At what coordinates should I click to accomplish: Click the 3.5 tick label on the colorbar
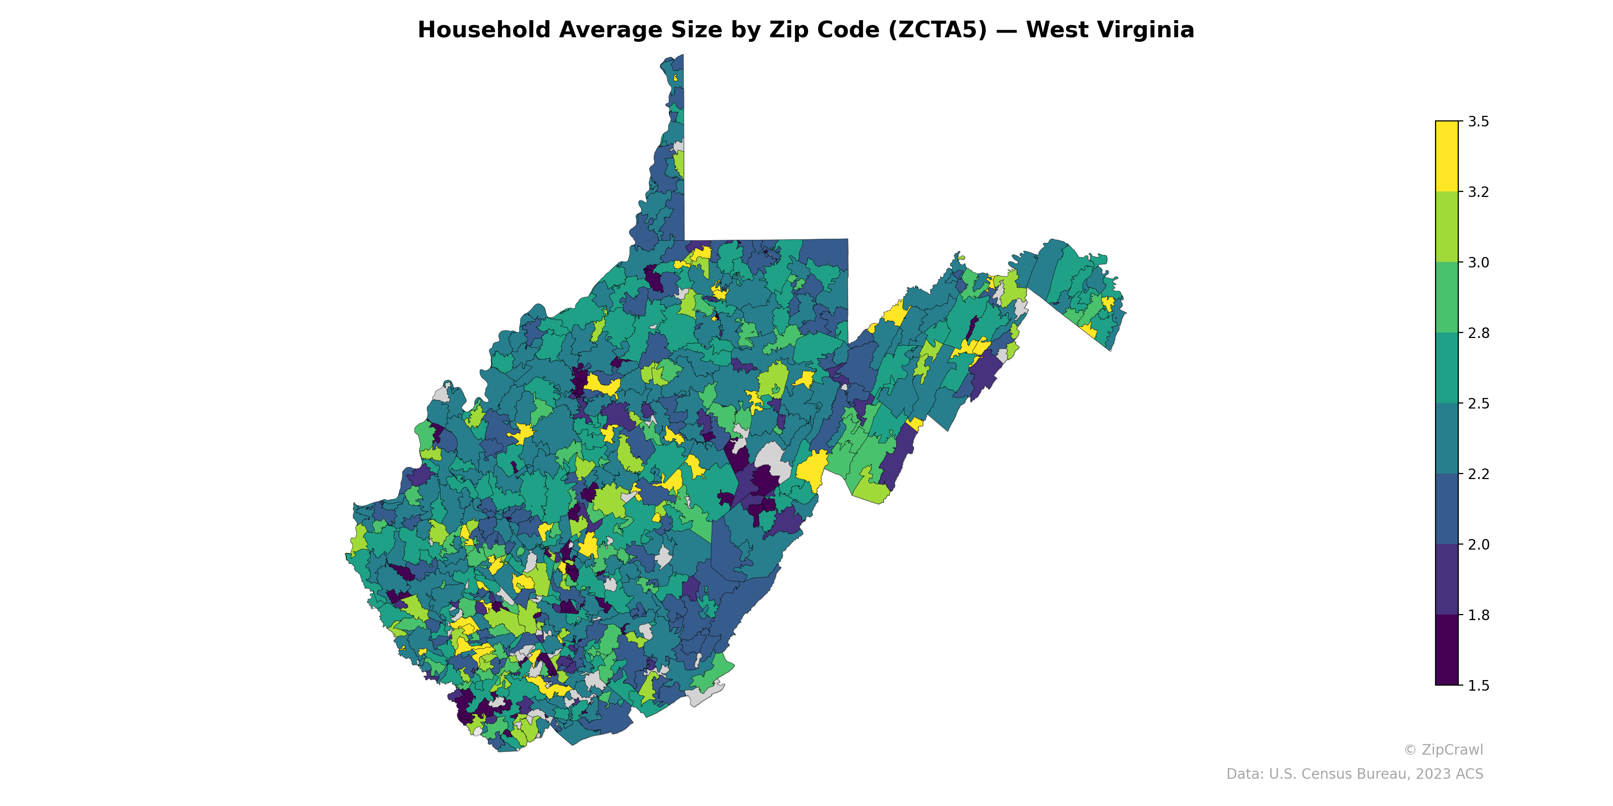(x=1478, y=121)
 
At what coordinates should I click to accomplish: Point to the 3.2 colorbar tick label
(x=1478, y=192)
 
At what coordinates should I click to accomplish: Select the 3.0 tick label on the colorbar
(x=1478, y=262)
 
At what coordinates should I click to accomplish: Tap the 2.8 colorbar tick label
(x=1478, y=333)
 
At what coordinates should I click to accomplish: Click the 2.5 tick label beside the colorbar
(x=1478, y=404)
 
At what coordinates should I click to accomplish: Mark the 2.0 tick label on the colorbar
(x=1478, y=545)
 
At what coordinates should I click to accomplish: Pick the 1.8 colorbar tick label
(x=1478, y=615)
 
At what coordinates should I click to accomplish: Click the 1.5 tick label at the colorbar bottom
(x=1478, y=686)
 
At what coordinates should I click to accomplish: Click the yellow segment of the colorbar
(x=1447, y=157)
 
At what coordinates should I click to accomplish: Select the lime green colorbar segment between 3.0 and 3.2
(x=1447, y=227)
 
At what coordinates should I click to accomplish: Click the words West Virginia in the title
(x=1109, y=30)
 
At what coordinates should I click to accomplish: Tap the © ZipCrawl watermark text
(x=1443, y=750)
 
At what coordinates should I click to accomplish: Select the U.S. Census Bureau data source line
(x=1354, y=774)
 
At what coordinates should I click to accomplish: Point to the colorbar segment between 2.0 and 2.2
(x=1447, y=509)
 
